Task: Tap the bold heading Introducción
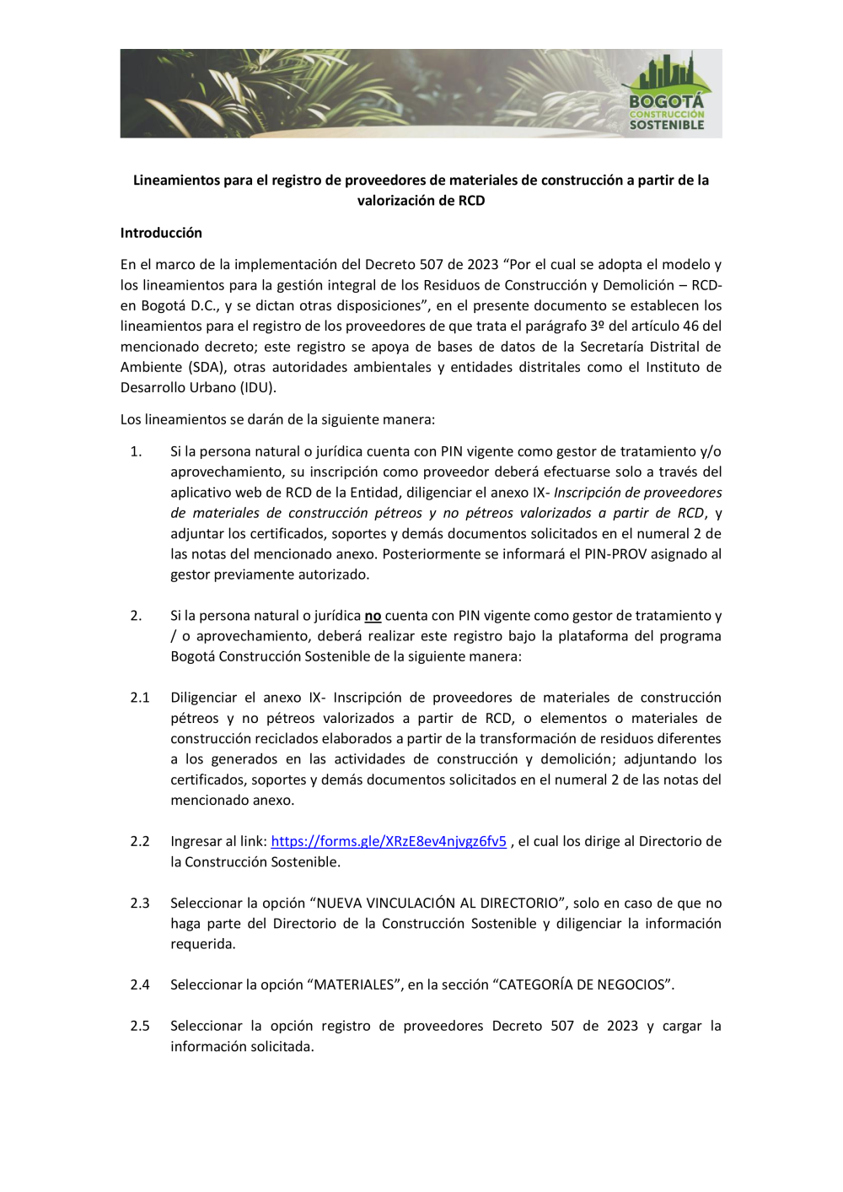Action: click(161, 233)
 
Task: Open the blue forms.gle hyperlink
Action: click(389, 841)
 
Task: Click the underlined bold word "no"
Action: click(373, 616)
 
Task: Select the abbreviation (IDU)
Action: click(257, 387)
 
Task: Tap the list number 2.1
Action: click(140, 698)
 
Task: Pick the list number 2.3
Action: click(140, 903)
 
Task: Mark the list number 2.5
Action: click(140, 1026)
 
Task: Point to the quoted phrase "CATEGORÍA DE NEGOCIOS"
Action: click(583, 984)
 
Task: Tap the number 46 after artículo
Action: click(692, 326)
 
